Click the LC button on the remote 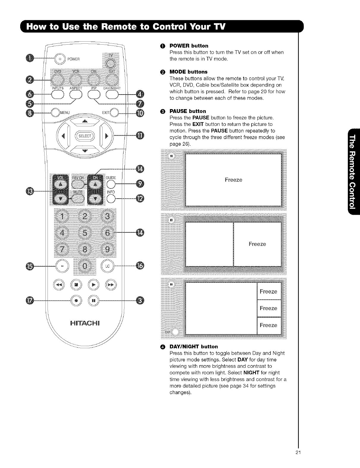pyautogui.click(x=107, y=266)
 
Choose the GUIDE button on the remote pyautogui.click(x=111, y=185)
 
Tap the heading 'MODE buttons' pyautogui.click(x=188, y=72)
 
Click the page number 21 pyautogui.click(x=298, y=453)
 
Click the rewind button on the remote pyautogui.click(x=59, y=285)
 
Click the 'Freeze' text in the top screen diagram pyautogui.click(x=233, y=180)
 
